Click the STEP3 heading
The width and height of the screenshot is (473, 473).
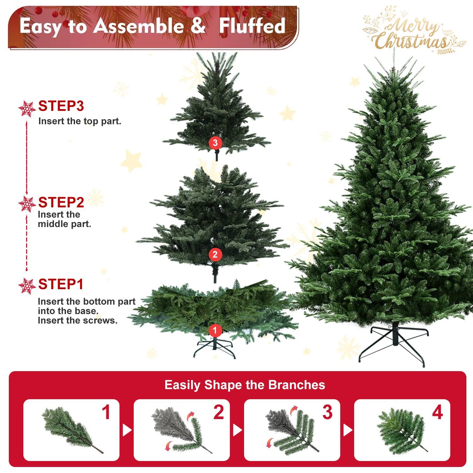click(61, 106)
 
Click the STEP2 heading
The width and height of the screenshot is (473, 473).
click(61, 202)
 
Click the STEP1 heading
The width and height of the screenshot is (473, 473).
click(61, 284)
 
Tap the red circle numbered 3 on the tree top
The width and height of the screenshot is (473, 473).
click(215, 143)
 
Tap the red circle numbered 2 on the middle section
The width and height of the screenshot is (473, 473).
click(215, 254)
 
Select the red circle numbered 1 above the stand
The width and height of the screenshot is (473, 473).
click(215, 330)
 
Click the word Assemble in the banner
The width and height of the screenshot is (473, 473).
click(139, 26)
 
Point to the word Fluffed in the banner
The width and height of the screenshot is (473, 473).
click(252, 26)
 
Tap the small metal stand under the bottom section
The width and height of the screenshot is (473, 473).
click(215, 348)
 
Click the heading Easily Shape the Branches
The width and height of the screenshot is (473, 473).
click(245, 385)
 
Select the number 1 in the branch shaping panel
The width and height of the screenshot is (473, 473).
click(106, 412)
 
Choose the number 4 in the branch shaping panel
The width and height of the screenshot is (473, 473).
click(437, 412)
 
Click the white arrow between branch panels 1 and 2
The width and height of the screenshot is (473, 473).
click(127, 430)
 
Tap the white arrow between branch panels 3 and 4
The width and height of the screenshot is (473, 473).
click(347, 430)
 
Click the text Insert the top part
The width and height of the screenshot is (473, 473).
click(80, 121)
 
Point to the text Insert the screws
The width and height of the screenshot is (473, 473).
click(78, 321)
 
